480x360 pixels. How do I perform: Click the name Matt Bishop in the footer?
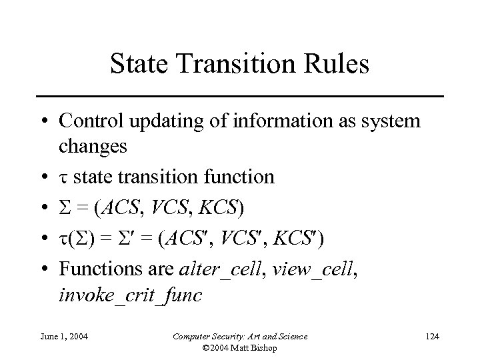(x=263, y=348)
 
